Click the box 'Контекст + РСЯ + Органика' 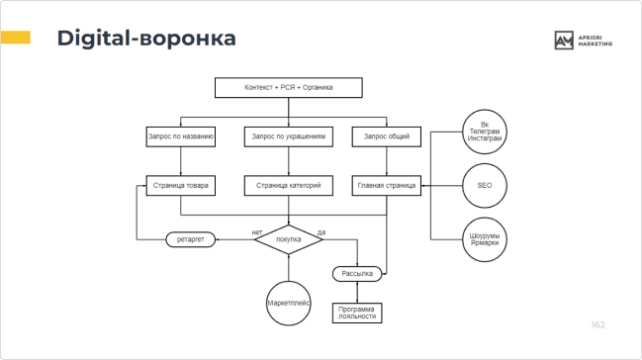[289, 88]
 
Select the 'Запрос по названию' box [180, 136]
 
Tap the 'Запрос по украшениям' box [289, 136]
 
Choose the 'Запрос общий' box [387, 136]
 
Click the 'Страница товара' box [180, 185]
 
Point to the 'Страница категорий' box [289, 185]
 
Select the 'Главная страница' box [387, 185]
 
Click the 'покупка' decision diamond [289, 240]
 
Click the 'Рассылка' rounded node [356, 274]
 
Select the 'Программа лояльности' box [356, 314]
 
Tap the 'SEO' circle [484, 185]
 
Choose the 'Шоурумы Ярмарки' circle [484, 238]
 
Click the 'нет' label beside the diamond [257, 231]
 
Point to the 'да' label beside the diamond [321, 231]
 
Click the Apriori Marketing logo [584, 41]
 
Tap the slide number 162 [597, 325]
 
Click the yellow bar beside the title [15, 38]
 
